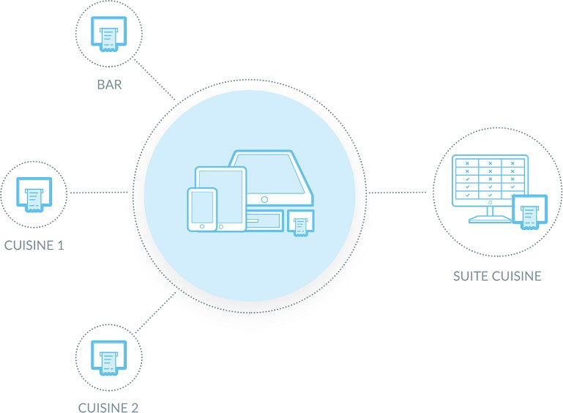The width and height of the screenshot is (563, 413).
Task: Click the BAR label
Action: pos(109,84)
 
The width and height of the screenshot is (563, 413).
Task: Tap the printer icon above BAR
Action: pos(109,33)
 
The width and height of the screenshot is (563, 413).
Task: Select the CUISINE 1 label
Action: pos(34,245)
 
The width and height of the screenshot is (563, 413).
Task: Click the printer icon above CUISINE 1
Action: pos(34,194)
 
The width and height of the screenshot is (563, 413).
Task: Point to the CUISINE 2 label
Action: pos(108,407)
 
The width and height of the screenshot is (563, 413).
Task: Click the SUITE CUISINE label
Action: pos(497,276)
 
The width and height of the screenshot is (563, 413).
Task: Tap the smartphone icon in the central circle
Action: pos(202,208)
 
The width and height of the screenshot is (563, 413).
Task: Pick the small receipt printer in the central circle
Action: pos(300,223)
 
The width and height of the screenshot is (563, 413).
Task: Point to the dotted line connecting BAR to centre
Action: pos(155,81)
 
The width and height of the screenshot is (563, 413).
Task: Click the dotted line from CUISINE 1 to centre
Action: pos(99,193)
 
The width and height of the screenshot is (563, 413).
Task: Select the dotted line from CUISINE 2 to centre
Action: pos(154,311)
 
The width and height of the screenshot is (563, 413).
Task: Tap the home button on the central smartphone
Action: pos(203,226)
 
